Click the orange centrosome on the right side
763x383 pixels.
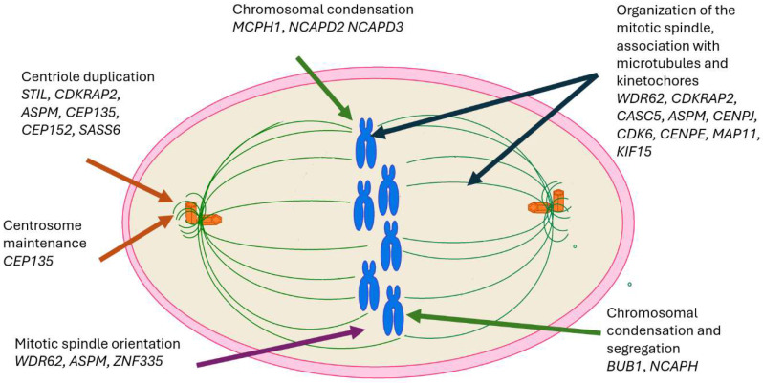coord(545,205)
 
